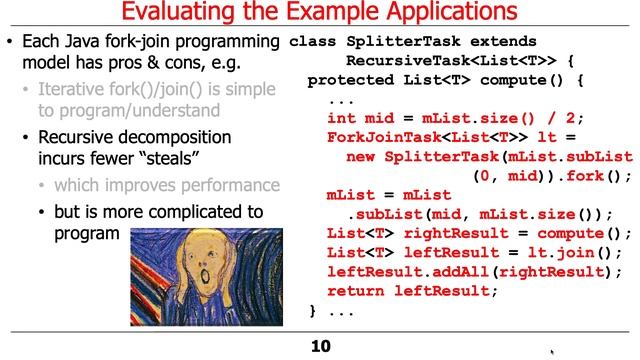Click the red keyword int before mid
(x=341, y=118)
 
